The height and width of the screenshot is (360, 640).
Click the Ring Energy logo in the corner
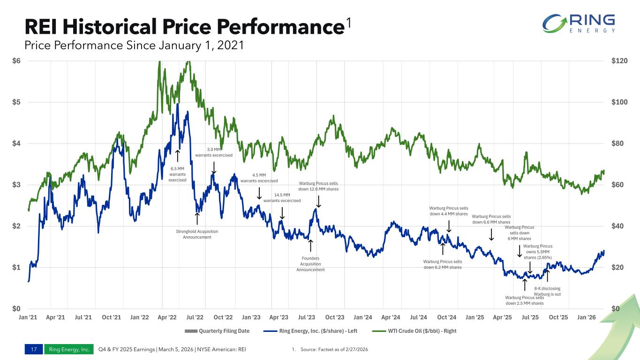(579, 23)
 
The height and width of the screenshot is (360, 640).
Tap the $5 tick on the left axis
(16, 102)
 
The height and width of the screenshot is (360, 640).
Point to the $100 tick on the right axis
(619, 102)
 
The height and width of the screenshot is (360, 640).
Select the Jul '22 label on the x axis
(195, 317)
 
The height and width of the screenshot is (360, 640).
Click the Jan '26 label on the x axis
(586, 317)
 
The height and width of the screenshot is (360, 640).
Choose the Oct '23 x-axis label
(335, 317)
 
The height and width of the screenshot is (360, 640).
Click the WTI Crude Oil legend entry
(414, 331)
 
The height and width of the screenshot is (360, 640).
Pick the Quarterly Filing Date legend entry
(217, 331)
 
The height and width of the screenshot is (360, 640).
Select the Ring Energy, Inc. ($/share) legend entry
(310, 331)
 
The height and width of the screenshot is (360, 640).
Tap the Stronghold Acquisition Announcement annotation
(197, 234)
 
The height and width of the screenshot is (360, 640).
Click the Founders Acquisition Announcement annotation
(310, 264)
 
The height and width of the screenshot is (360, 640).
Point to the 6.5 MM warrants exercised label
(177, 174)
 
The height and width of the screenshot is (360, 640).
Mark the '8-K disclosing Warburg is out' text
(547, 291)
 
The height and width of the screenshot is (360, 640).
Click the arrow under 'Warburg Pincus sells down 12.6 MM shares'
(318, 202)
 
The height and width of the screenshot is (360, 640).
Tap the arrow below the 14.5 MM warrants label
(282, 213)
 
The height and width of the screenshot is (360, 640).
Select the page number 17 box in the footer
(34, 349)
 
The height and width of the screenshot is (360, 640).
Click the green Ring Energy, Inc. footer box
(69, 349)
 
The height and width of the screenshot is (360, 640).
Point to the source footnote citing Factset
(330, 349)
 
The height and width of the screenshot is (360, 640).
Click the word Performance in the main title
(280, 27)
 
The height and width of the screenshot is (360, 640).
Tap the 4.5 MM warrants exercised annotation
(259, 178)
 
